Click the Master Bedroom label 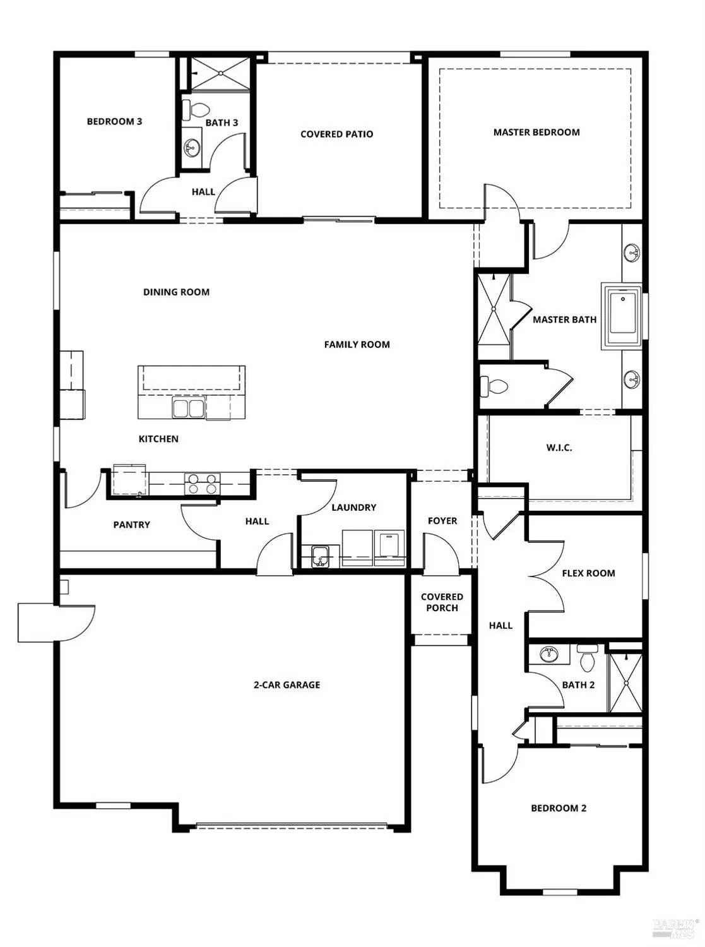536,133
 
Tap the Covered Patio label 336,134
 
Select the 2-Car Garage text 287,685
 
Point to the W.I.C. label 559,448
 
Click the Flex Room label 588,573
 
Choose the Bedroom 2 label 559,808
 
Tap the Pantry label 131,525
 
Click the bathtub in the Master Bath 622,316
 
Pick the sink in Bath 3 191,149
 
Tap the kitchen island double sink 189,408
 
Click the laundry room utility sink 321,557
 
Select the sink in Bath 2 548,654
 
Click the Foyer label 442,521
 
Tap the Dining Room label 176,292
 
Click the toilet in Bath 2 587,658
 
